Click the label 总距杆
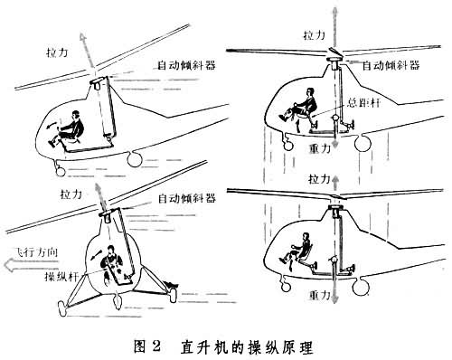pos(364,103)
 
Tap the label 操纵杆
pos(62,276)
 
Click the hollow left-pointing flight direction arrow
pos(29,265)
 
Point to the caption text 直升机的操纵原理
pos(247,347)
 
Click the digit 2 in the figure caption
pos(155,347)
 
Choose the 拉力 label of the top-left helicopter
pos(57,52)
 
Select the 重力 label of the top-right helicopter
pos(320,148)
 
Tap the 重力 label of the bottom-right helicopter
pos(320,295)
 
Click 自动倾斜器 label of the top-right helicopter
pos(391,65)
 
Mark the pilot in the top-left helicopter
pos(67,128)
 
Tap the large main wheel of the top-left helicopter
pos(135,158)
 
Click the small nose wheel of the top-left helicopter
pos(61,171)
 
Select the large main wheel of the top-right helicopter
pos(363,143)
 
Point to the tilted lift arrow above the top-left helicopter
pos(88,50)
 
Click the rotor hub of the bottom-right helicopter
pos(334,207)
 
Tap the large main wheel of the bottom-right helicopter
pos(361,287)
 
